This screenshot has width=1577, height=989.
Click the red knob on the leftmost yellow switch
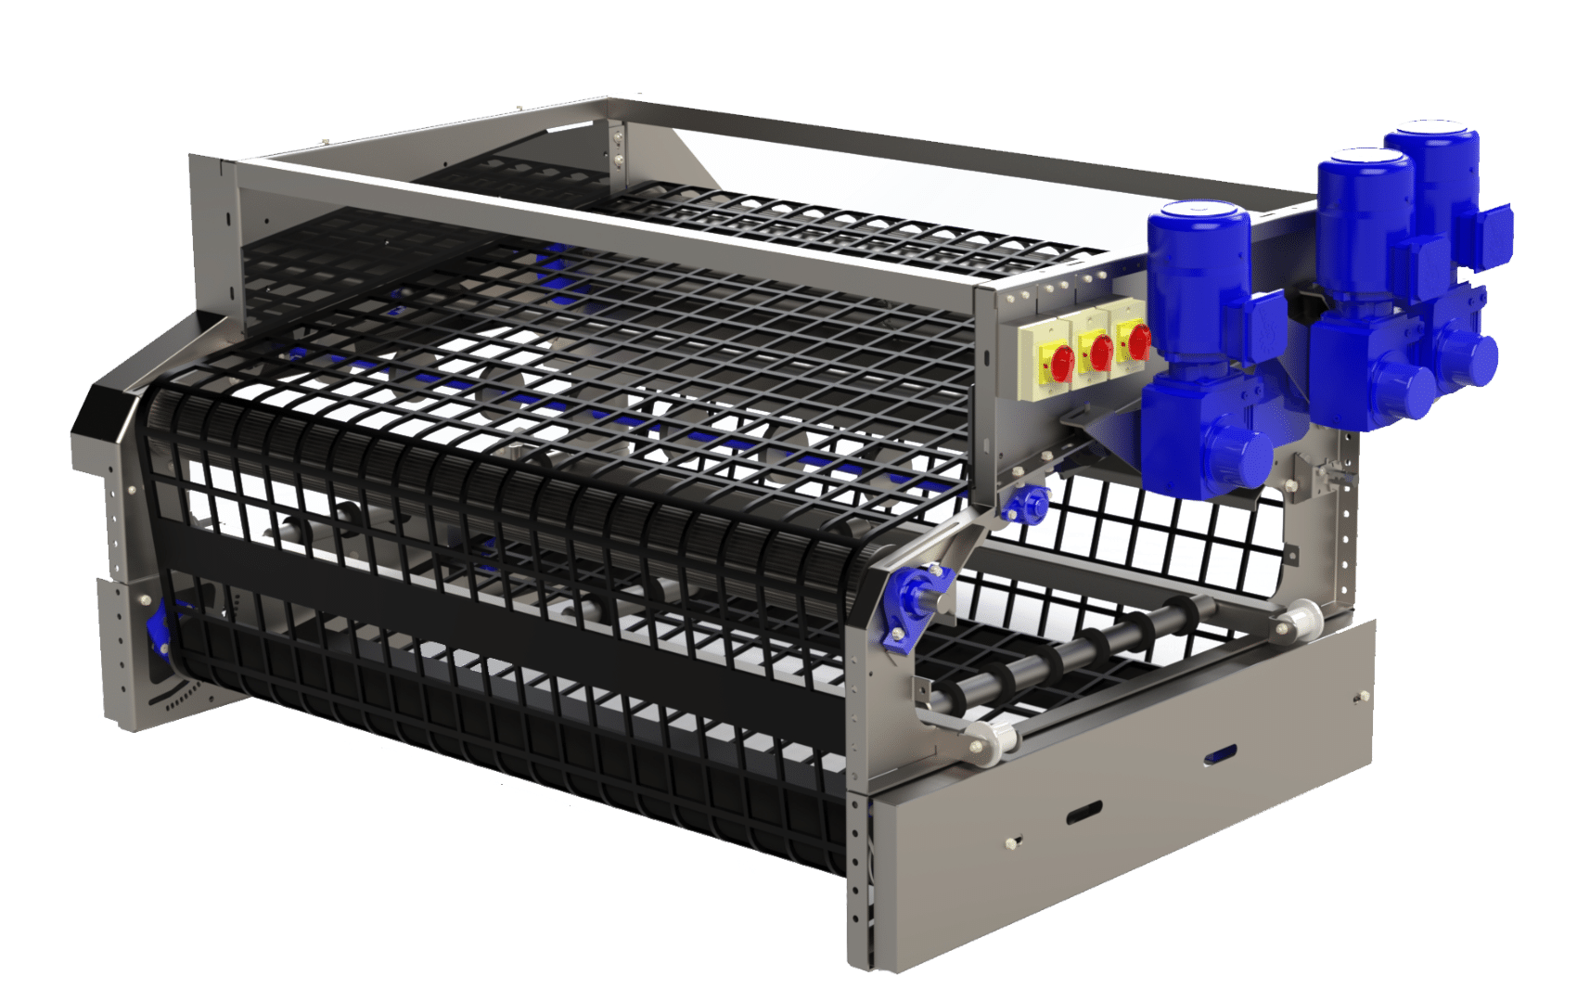pyautogui.click(x=1063, y=359)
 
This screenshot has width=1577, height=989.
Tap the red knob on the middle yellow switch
pyautogui.click(x=1101, y=352)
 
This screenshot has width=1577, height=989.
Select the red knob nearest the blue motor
pyautogui.click(x=1138, y=342)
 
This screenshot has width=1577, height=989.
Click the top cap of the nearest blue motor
pyautogui.click(x=1198, y=214)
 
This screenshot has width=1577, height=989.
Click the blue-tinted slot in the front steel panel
pyautogui.click(x=1220, y=755)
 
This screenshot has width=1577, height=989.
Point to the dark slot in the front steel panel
pyautogui.click(x=1083, y=814)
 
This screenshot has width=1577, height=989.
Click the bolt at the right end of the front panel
pyautogui.click(x=1362, y=697)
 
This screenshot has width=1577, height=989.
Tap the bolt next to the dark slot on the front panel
pyautogui.click(x=1014, y=842)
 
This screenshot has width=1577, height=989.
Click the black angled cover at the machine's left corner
pyautogui.click(x=104, y=417)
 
